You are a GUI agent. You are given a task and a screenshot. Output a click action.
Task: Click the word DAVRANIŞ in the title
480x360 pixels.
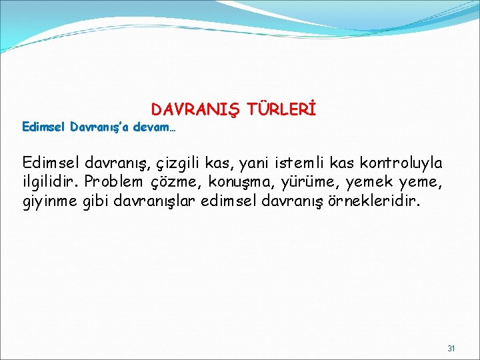click(195, 109)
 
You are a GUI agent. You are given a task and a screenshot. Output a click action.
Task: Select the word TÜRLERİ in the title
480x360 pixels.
click(282, 109)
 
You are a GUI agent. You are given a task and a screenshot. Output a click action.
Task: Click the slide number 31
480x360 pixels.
click(451, 349)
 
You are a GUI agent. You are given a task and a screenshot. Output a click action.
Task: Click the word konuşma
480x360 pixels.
click(237, 183)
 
